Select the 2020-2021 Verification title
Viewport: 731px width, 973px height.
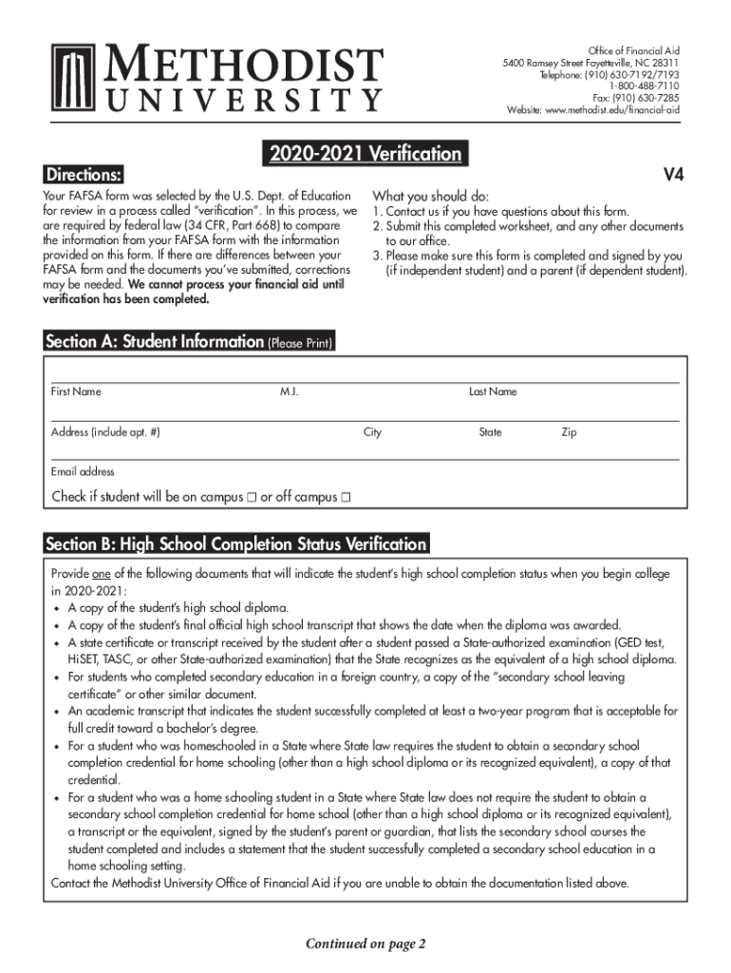click(x=365, y=153)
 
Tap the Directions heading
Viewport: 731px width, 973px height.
click(x=84, y=175)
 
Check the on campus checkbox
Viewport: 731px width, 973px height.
click(x=252, y=497)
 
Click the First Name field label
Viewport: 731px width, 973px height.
click(x=76, y=391)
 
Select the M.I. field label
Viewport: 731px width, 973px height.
click(x=290, y=391)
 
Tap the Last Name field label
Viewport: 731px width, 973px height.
click(x=493, y=391)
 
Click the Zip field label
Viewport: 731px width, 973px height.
click(x=569, y=432)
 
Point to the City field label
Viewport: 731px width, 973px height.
click(x=372, y=432)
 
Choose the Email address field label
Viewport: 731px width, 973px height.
click(x=83, y=471)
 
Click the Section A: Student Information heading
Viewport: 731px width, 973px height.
click(x=154, y=342)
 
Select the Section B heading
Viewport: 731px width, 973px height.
click(x=236, y=544)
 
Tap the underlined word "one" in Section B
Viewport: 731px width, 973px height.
click(x=102, y=574)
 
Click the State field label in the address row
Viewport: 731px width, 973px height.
click(x=490, y=432)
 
